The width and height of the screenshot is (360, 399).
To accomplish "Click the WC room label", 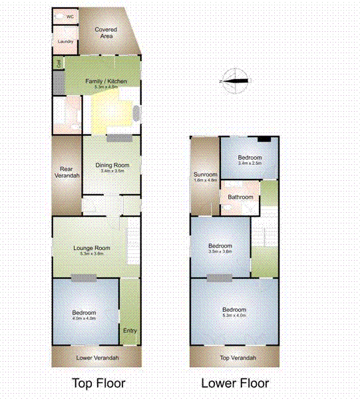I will coord(70,16).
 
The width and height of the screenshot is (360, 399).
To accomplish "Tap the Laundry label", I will coord(65,42).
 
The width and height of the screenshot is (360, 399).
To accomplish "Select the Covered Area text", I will coord(106,33).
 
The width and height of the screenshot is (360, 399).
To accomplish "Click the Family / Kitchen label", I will coord(106,82).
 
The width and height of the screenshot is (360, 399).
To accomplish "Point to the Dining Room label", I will coord(112,166).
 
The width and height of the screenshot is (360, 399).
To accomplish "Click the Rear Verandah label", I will coord(67,172).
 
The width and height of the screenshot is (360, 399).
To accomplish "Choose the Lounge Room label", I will coord(92,248).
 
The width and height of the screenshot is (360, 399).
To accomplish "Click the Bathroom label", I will coord(240,197).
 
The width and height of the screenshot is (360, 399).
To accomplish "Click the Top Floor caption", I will coord(98,383).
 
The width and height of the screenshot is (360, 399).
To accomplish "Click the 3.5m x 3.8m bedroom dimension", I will coord(220,251).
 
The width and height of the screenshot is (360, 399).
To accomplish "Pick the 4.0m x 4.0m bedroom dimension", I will coord(85,319).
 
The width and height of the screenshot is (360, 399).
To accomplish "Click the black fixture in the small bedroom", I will coord(265,139).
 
